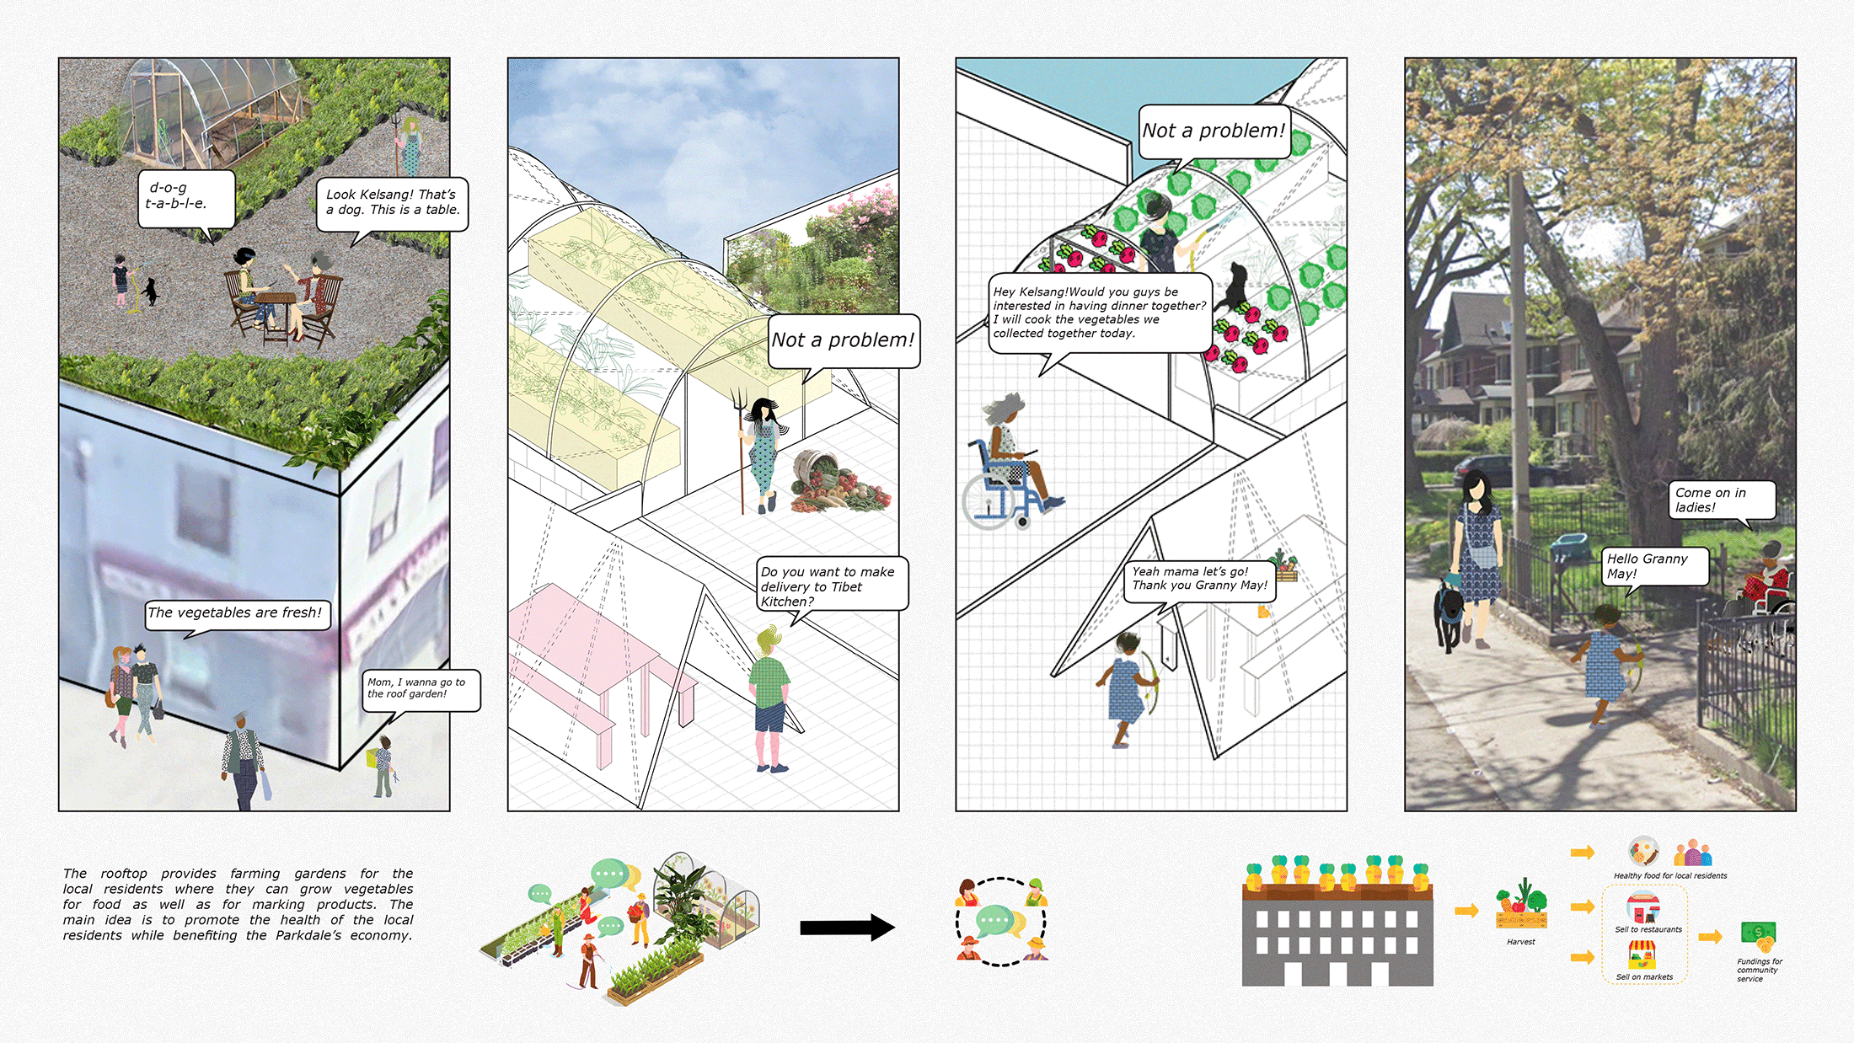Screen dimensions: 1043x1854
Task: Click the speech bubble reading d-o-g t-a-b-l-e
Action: click(x=185, y=198)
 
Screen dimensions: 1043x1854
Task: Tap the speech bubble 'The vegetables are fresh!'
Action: click(x=236, y=613)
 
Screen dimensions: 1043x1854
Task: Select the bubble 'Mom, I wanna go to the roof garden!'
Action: click(x=421, y=689)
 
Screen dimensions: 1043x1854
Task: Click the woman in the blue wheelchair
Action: click(x=1008, y=468)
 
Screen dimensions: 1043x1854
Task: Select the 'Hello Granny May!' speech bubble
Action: click(x=1654, y=566)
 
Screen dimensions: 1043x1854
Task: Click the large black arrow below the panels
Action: click(x=846, y=928)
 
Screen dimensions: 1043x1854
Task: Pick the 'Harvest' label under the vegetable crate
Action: click(x=1521, y=942)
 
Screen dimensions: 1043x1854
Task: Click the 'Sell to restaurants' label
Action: click(x=1648, y=929)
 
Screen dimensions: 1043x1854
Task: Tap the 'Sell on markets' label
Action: click(x=1644, y=977)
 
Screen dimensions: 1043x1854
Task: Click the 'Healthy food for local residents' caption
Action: click(x=1669, y=875)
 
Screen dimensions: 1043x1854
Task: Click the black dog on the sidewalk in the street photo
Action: click(x=1449, y=611)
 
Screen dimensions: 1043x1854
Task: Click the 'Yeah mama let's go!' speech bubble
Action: click(x=1199, y=579)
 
